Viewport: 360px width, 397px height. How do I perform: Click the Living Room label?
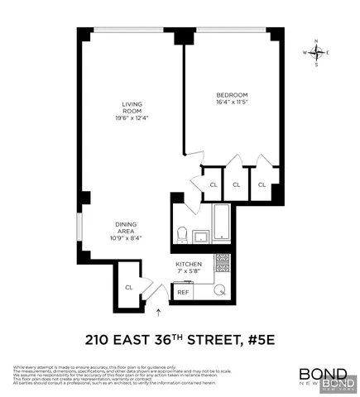[x=128, y=108]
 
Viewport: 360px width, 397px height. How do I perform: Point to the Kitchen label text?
[x=190, y=263]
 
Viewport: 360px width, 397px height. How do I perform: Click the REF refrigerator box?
[x=183, y=291]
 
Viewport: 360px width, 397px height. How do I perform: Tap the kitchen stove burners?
[x=221, y=263]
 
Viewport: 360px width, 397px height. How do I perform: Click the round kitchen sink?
[x=221, y=290]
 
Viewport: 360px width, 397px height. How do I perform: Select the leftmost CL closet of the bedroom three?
[x=213, y=184]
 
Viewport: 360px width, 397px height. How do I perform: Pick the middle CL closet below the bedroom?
[x=237, y=184]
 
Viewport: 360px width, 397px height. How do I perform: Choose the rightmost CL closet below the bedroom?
[x=262, y=184]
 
